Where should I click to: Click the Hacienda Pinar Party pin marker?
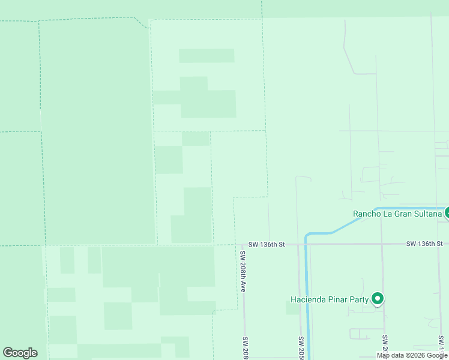point(378,298)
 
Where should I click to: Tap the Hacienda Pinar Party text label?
point(329,299)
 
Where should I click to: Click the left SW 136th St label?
point(267,244)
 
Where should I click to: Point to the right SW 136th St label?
point(424,244)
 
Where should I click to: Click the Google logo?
point(20,353)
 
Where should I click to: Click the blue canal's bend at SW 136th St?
point(307,236)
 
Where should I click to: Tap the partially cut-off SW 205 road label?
point(301,347)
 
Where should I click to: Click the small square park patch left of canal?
point(292,308)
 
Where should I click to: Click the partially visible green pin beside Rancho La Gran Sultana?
point(447,212)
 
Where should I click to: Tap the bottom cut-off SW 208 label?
point(245,348)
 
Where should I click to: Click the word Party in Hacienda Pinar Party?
point(357,299)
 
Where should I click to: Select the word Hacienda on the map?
point(308,299)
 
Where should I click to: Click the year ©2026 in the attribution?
point(418,355)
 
